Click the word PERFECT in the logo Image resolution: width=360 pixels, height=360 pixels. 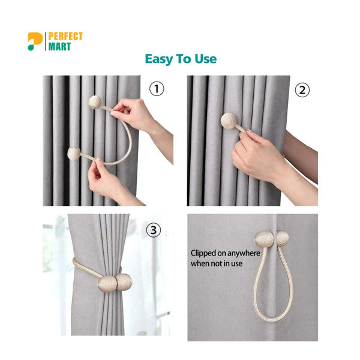[x=65, y=37]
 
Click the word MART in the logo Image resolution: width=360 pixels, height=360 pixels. [x=59, y=46]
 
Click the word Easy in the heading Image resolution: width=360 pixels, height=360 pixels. [x=158, y=59]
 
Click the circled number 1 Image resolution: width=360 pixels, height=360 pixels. [x=157, y=89]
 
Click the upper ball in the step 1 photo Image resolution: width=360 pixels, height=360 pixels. [x=95, y=101]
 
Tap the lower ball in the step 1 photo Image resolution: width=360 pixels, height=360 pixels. [x=74, y=154]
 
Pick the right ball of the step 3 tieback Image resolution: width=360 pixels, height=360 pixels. [x=124, y=283]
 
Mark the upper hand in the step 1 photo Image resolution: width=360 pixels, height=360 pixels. [x=134, y=113]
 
